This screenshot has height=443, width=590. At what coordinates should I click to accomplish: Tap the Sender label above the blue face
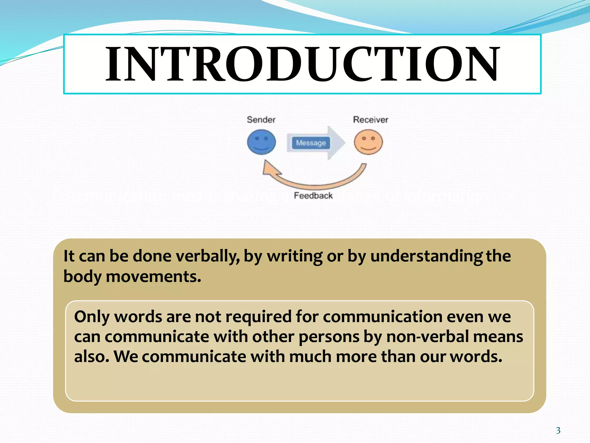pyautogui.click(x=261, y=120)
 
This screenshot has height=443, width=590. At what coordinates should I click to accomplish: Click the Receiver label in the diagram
pyautogui.click(x=370, y=120)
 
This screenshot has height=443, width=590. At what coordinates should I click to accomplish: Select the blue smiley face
pyautogui.click(x=261, y=142)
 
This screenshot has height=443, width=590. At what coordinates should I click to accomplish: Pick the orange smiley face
pyautogui.click(x=368, y=142)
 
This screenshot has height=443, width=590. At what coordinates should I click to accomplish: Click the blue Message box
pyautogui.click(x=311, y=143)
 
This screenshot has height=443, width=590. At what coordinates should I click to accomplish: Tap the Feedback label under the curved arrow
pyautogui.click(x=313, y=196)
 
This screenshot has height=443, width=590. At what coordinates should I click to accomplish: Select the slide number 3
pyautogui.click(x=558, y=431)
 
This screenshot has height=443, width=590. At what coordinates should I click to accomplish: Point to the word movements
pyautogui.click(x=153, y=276)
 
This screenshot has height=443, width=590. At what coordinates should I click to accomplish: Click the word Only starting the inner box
pyautogui.click(x=92, y=317)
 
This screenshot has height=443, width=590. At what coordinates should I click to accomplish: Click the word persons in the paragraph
pyautogui.click(x=329, y=337)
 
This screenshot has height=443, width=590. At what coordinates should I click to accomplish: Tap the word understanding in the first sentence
pyautogui.click(x=426, y=256)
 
